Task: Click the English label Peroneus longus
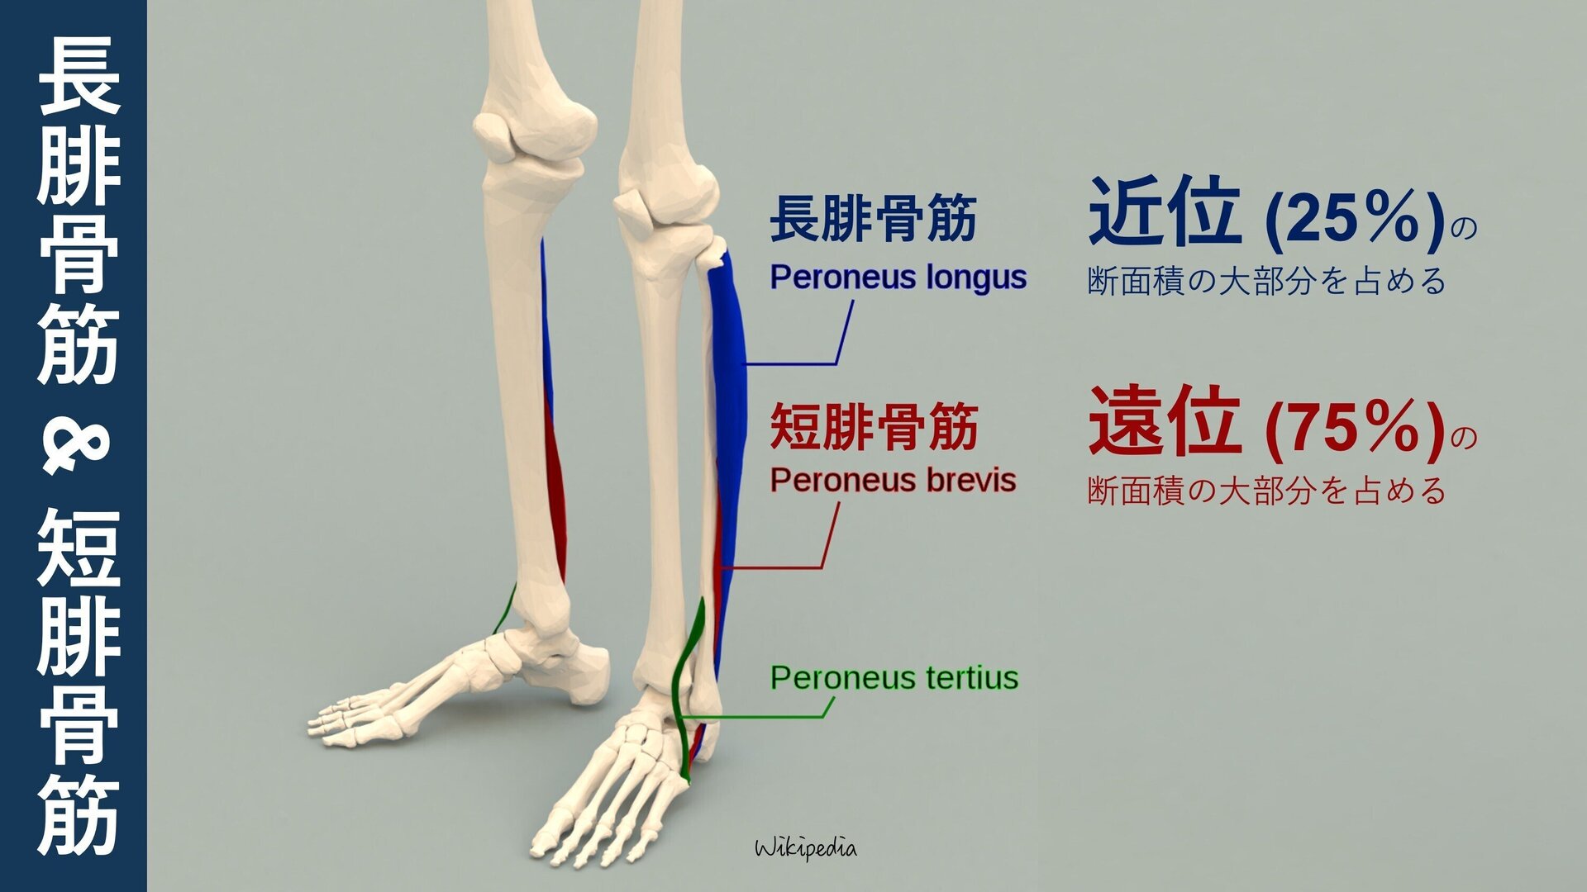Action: (x=898, y=278)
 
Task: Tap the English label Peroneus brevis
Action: (x=893, y=481)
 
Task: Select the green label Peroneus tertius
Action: (x=894, y=678)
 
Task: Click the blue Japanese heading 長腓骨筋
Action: (x=873, y=219)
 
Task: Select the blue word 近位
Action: (x=1164, y=213)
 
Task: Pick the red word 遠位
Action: (x=1164, y=422)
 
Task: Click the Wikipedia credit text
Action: (x=806, y=848)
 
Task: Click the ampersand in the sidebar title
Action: (x=75, y=447)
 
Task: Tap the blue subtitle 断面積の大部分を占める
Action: (x=1266, y=282)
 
